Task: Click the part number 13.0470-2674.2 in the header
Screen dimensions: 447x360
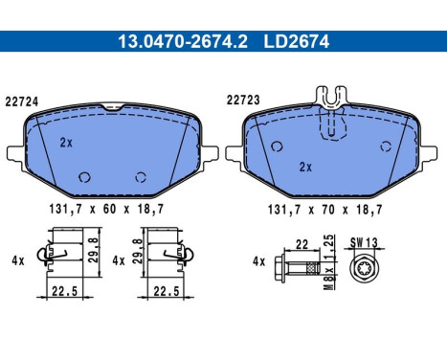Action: pos(183,41)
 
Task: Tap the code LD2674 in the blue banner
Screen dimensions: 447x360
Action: pos(296,41)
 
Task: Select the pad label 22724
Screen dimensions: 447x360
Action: pos(22,101)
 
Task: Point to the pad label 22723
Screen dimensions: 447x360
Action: pos(243,100)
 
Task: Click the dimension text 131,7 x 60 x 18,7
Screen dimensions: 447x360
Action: pos(106,209)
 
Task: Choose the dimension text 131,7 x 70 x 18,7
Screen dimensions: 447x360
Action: pos(325,210)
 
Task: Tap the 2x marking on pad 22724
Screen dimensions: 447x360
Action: pos(66,143)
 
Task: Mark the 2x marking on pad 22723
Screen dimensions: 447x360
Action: pos(305,167)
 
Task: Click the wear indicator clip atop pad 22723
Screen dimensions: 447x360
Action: pos(331,96)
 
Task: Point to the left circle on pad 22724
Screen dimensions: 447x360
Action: pos(84,177)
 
